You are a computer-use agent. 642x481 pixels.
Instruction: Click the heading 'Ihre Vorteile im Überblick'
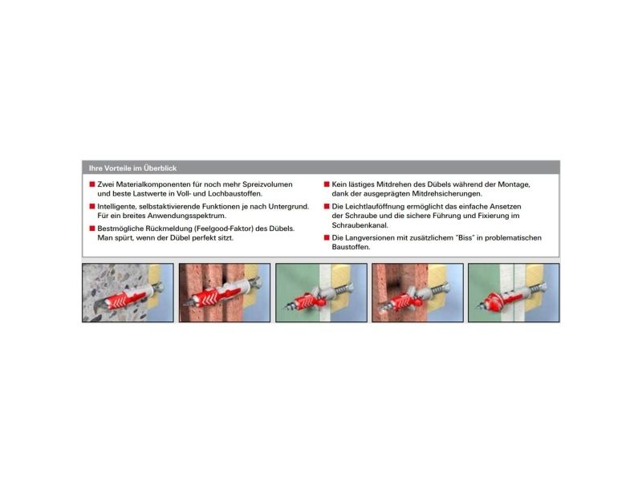point(132,168)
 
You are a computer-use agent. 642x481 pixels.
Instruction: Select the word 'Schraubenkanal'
point(360,225)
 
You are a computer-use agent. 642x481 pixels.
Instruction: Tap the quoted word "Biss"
point(465,238)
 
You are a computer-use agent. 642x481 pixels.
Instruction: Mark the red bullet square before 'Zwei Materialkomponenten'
point(92,184)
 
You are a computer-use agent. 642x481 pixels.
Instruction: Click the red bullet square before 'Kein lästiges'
point(327,184)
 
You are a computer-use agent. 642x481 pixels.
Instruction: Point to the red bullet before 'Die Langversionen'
point(327,238)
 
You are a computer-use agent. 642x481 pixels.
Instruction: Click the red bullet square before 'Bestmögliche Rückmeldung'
point(92,228)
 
